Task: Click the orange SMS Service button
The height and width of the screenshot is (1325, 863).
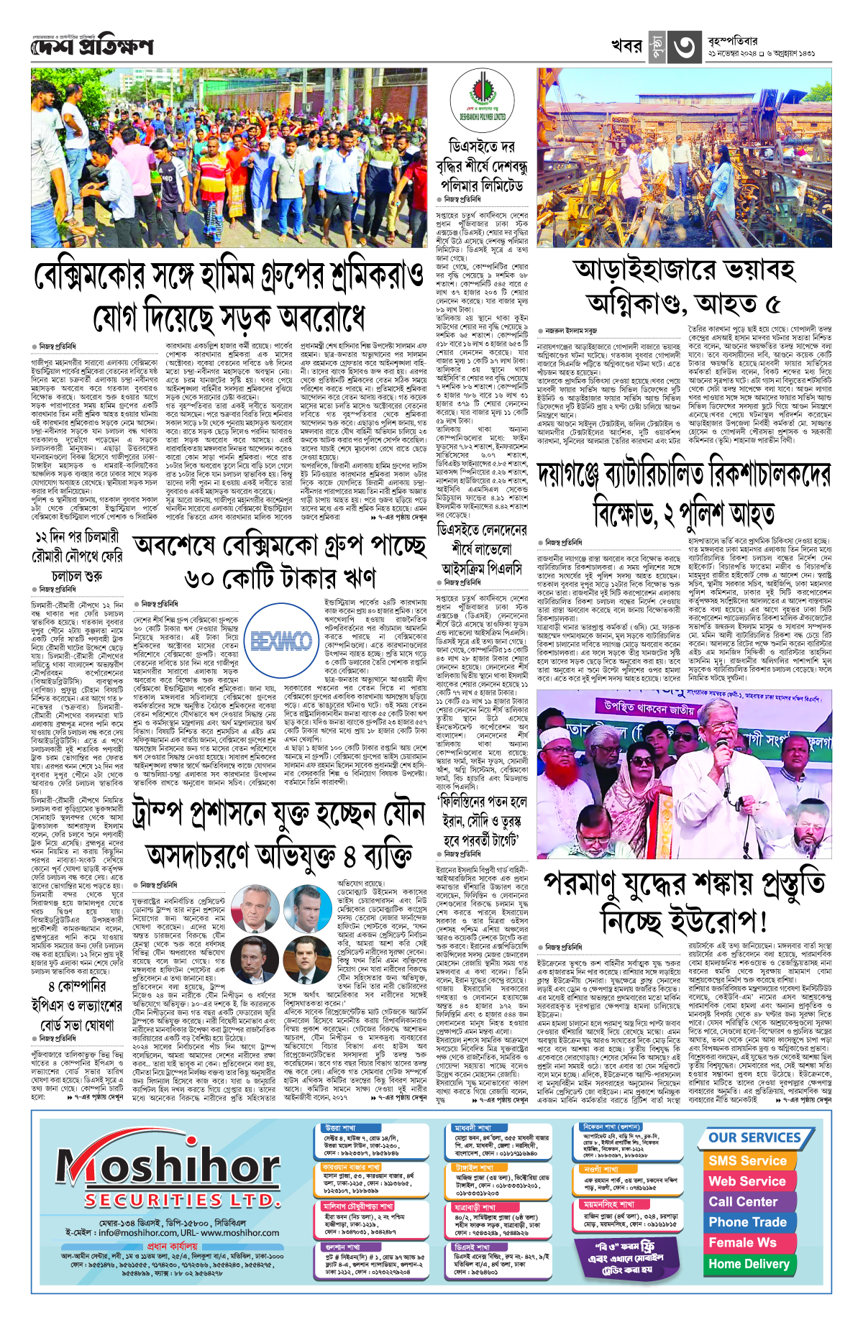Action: [747, 1160]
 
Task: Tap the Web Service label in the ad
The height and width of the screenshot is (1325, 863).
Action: [747, 1180]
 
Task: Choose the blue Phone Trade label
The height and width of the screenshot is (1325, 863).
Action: [747, 1221]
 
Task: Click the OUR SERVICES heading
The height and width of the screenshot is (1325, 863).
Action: [754, 1137]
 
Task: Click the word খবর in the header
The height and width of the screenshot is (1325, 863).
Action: [626, 46]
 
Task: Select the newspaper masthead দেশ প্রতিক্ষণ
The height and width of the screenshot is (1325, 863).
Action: [92, 47]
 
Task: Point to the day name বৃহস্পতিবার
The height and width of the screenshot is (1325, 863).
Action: [732, 40]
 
